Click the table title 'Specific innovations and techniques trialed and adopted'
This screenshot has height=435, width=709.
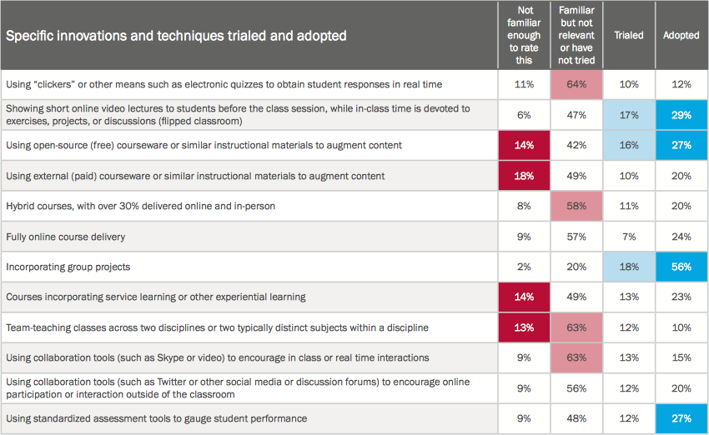tap(176, 36)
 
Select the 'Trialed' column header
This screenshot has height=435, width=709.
tap(628, 36)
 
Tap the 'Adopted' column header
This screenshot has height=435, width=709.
tap(681, 36)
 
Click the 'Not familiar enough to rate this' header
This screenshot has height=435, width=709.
tap(524, 36)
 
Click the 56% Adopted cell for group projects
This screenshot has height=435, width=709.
tap(681, 267)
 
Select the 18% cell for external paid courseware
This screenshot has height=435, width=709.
tap(524, 176)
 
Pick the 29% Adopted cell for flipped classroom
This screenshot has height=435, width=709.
tap(681, 115)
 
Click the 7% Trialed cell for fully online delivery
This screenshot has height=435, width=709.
tap(628, 237)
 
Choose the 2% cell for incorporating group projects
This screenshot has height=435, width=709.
tap(524, 267)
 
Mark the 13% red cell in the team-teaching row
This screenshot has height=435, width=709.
tap(524, 327)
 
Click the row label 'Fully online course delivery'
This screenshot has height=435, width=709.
tap(65, 237)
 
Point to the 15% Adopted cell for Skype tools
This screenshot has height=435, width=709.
tap(681, 357)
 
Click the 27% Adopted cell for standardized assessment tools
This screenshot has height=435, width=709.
tap(681, 418)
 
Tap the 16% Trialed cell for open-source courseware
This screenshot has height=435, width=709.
tap(628, 145)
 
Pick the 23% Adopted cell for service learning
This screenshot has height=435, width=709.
tap(681, 297)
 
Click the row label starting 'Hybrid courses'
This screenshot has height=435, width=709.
tap(140, 206)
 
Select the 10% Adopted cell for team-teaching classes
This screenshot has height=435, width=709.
tap(681, 327)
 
